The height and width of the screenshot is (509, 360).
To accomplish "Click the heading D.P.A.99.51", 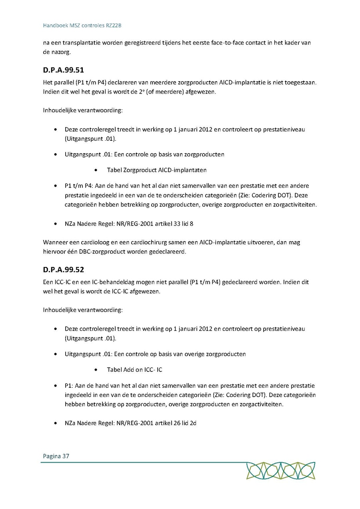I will [x=63, y=70].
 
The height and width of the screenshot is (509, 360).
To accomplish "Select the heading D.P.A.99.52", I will [x=63, y=270].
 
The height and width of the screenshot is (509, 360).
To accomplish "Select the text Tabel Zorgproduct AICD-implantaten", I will [x=157, y=170].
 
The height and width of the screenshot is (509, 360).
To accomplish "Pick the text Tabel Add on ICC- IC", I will [x=134, y=370].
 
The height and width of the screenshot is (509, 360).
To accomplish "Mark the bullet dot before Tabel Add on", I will [x=97, y=370].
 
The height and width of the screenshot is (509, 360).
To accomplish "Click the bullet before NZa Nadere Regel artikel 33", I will [x=55, y=224].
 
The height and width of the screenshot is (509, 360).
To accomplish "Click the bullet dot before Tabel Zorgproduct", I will [x=97, y=170].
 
